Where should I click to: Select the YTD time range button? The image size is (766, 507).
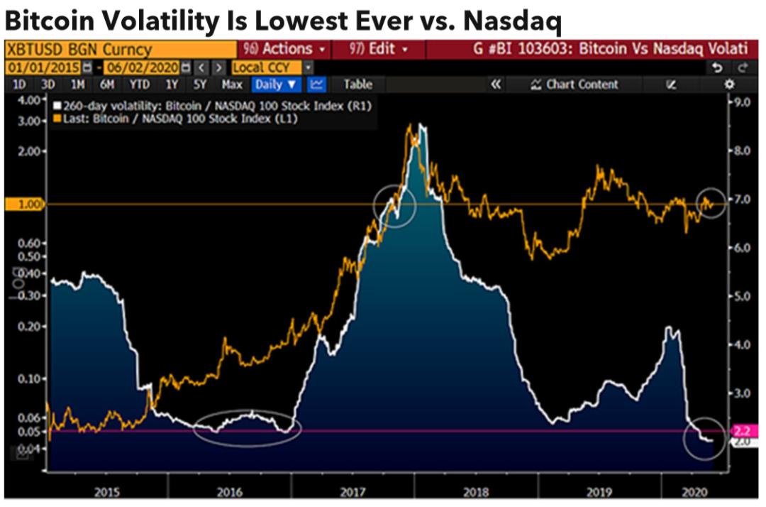click(x=140, y=84)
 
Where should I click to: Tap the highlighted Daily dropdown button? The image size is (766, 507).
click(x=276, y=84)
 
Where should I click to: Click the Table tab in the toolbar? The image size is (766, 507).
click(x=357, y=84)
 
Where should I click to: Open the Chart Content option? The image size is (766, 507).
click(x=574, y=84)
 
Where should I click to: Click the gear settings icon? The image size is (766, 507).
click(x=729, y=84)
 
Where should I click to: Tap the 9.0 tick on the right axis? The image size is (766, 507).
click(x=741, y=102)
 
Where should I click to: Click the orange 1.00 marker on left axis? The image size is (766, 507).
click(x=25, y=204)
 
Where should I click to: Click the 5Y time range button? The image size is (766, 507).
click(x=200, y=84)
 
